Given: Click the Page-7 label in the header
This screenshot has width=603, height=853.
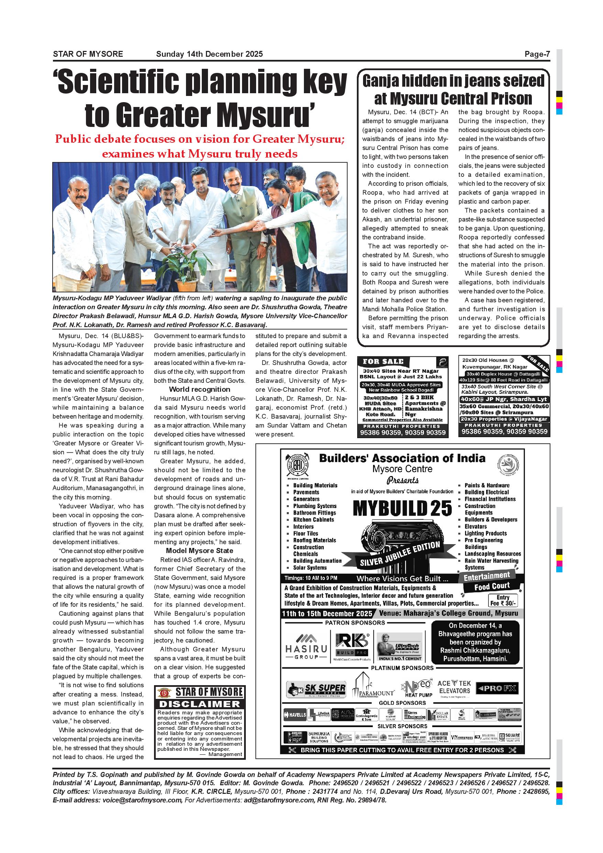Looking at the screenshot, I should coord(537,54).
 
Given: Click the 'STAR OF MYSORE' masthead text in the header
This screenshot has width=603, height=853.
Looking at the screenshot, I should coord(88,54).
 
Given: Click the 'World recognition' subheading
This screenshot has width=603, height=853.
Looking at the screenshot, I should coord(199,389).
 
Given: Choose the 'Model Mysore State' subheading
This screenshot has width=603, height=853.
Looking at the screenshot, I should coord(199,551).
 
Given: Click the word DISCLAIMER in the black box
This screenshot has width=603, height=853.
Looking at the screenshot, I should coord(200,704).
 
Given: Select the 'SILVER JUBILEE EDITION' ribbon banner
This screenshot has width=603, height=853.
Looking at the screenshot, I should coord(400,554).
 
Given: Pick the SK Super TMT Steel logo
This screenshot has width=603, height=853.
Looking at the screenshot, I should coord(316,689).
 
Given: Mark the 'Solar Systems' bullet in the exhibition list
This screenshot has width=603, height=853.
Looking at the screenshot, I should coord(310,568).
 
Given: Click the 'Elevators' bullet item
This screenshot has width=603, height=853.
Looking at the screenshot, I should coord(476,527).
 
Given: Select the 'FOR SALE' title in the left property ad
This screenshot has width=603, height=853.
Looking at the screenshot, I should coord(383,361).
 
